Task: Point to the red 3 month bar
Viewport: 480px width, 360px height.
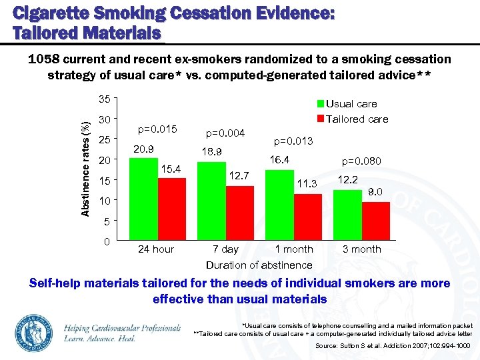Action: pos(376,221)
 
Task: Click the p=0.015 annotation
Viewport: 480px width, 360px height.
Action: pos(157,129)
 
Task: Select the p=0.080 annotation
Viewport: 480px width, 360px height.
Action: pos(362,161)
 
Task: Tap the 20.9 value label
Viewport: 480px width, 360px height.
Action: pos(144,149)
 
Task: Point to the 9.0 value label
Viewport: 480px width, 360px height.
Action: pos(376,192)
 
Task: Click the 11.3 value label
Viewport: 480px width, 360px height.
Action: pos(307,184)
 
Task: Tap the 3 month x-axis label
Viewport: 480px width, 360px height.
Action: pos(361,249)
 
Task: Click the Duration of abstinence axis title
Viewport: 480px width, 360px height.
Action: pos(259,265)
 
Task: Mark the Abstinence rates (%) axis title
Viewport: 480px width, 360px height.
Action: pos(86,169)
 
